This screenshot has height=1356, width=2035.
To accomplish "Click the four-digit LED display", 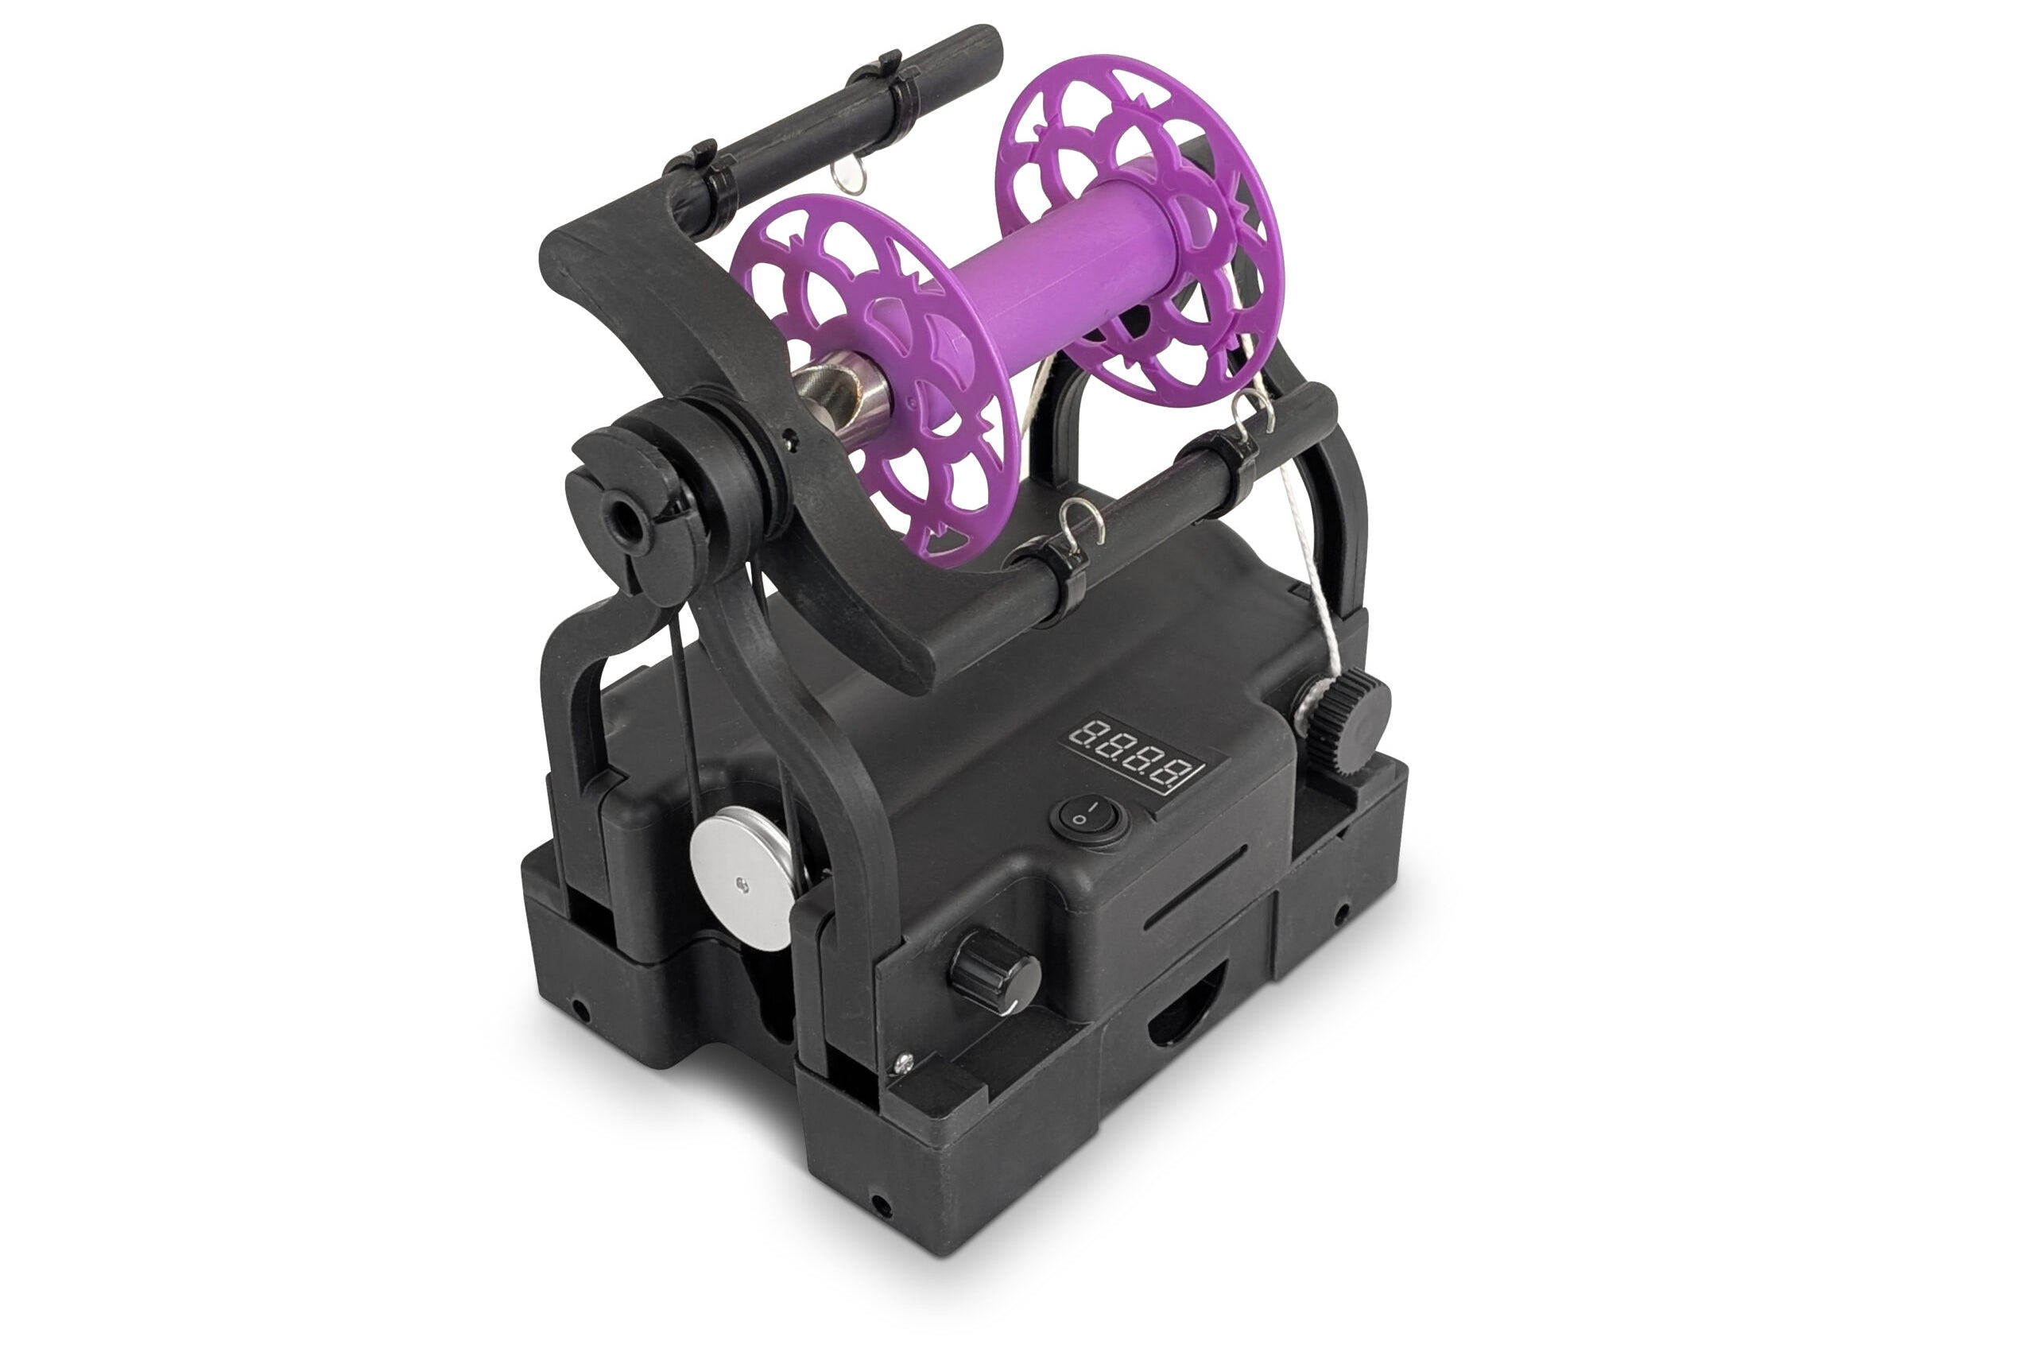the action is tap(1137, 754).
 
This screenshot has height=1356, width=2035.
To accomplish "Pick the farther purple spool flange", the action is tap(1140, 228).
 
